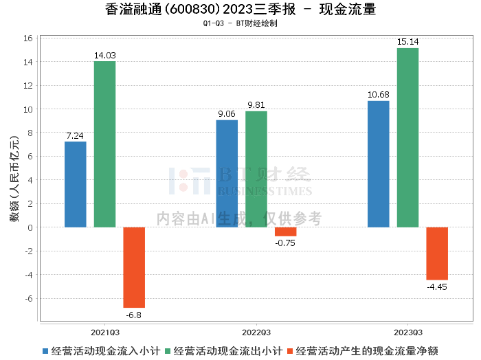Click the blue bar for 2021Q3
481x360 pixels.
tap(75, 184)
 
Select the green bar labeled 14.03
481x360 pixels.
tap(104, 144)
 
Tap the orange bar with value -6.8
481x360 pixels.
tap(134, 267)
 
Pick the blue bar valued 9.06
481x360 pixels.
tap(227, 174)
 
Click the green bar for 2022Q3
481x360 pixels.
tap(256, 169)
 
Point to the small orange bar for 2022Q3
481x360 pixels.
tap(286, 232)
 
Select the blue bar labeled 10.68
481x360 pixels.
tap(378, 164)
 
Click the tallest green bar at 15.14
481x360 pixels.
tap(407, 137)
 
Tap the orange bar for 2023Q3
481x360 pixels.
tap(437, 254)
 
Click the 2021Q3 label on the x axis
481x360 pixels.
tap(104, 330)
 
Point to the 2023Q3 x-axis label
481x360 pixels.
tap(407, 330)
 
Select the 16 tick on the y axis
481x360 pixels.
tap(29, 38)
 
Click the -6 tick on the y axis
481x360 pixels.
tap(29, 298)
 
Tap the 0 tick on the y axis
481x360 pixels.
tap(31, 227)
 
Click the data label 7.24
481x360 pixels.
tap(75, 136)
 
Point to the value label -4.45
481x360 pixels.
tap(437, 286)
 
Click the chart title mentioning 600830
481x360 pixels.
tap(240, 10)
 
